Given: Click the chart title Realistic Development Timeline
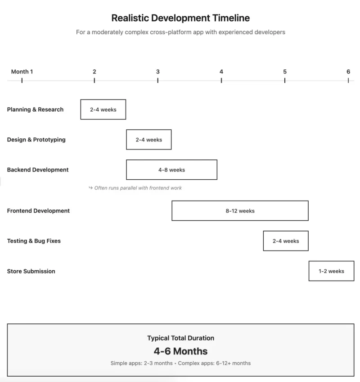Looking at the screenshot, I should [x=180, y=18].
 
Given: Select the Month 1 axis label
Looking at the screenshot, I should [x=22, y=72].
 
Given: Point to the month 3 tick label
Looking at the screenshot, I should [x=157, y=72].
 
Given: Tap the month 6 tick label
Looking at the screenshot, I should [x=348, y=72].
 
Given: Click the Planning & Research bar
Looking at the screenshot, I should [x=103, y=109].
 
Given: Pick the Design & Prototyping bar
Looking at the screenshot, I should [x=148, y=140].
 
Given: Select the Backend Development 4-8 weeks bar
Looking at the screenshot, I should [x=171, y=170].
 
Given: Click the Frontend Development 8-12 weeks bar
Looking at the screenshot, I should [x=240, y=211].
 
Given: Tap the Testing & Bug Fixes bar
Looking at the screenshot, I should [x=285, y=241].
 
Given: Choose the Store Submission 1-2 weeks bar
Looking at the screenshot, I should [x=331, y=271].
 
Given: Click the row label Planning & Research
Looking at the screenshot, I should [x=35, y=109].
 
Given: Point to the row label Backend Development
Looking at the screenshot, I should [x=38, y=170].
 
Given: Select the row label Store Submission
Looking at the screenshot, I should [x=31, y=271].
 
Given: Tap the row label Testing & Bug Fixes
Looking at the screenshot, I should [x=34, y=241].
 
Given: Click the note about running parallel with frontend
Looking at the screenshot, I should [x=135, y=188].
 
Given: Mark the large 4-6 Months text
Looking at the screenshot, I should [x=180, y=351].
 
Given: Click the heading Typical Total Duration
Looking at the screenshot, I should [x=180, y=338].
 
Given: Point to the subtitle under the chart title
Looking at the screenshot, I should [x=180, y=32].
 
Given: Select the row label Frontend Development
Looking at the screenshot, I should [x=38, y=211].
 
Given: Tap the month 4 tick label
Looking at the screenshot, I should [x=221, y=72].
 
